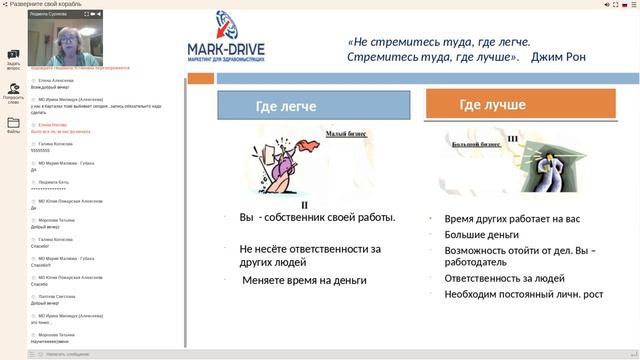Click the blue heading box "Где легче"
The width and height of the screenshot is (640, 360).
(285, 106)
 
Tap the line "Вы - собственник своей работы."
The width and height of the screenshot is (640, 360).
(317, 217)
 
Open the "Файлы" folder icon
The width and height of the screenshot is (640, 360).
(13, 124)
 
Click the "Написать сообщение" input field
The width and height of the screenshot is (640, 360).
(110, 353)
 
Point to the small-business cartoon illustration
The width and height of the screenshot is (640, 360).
(289, 165)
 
